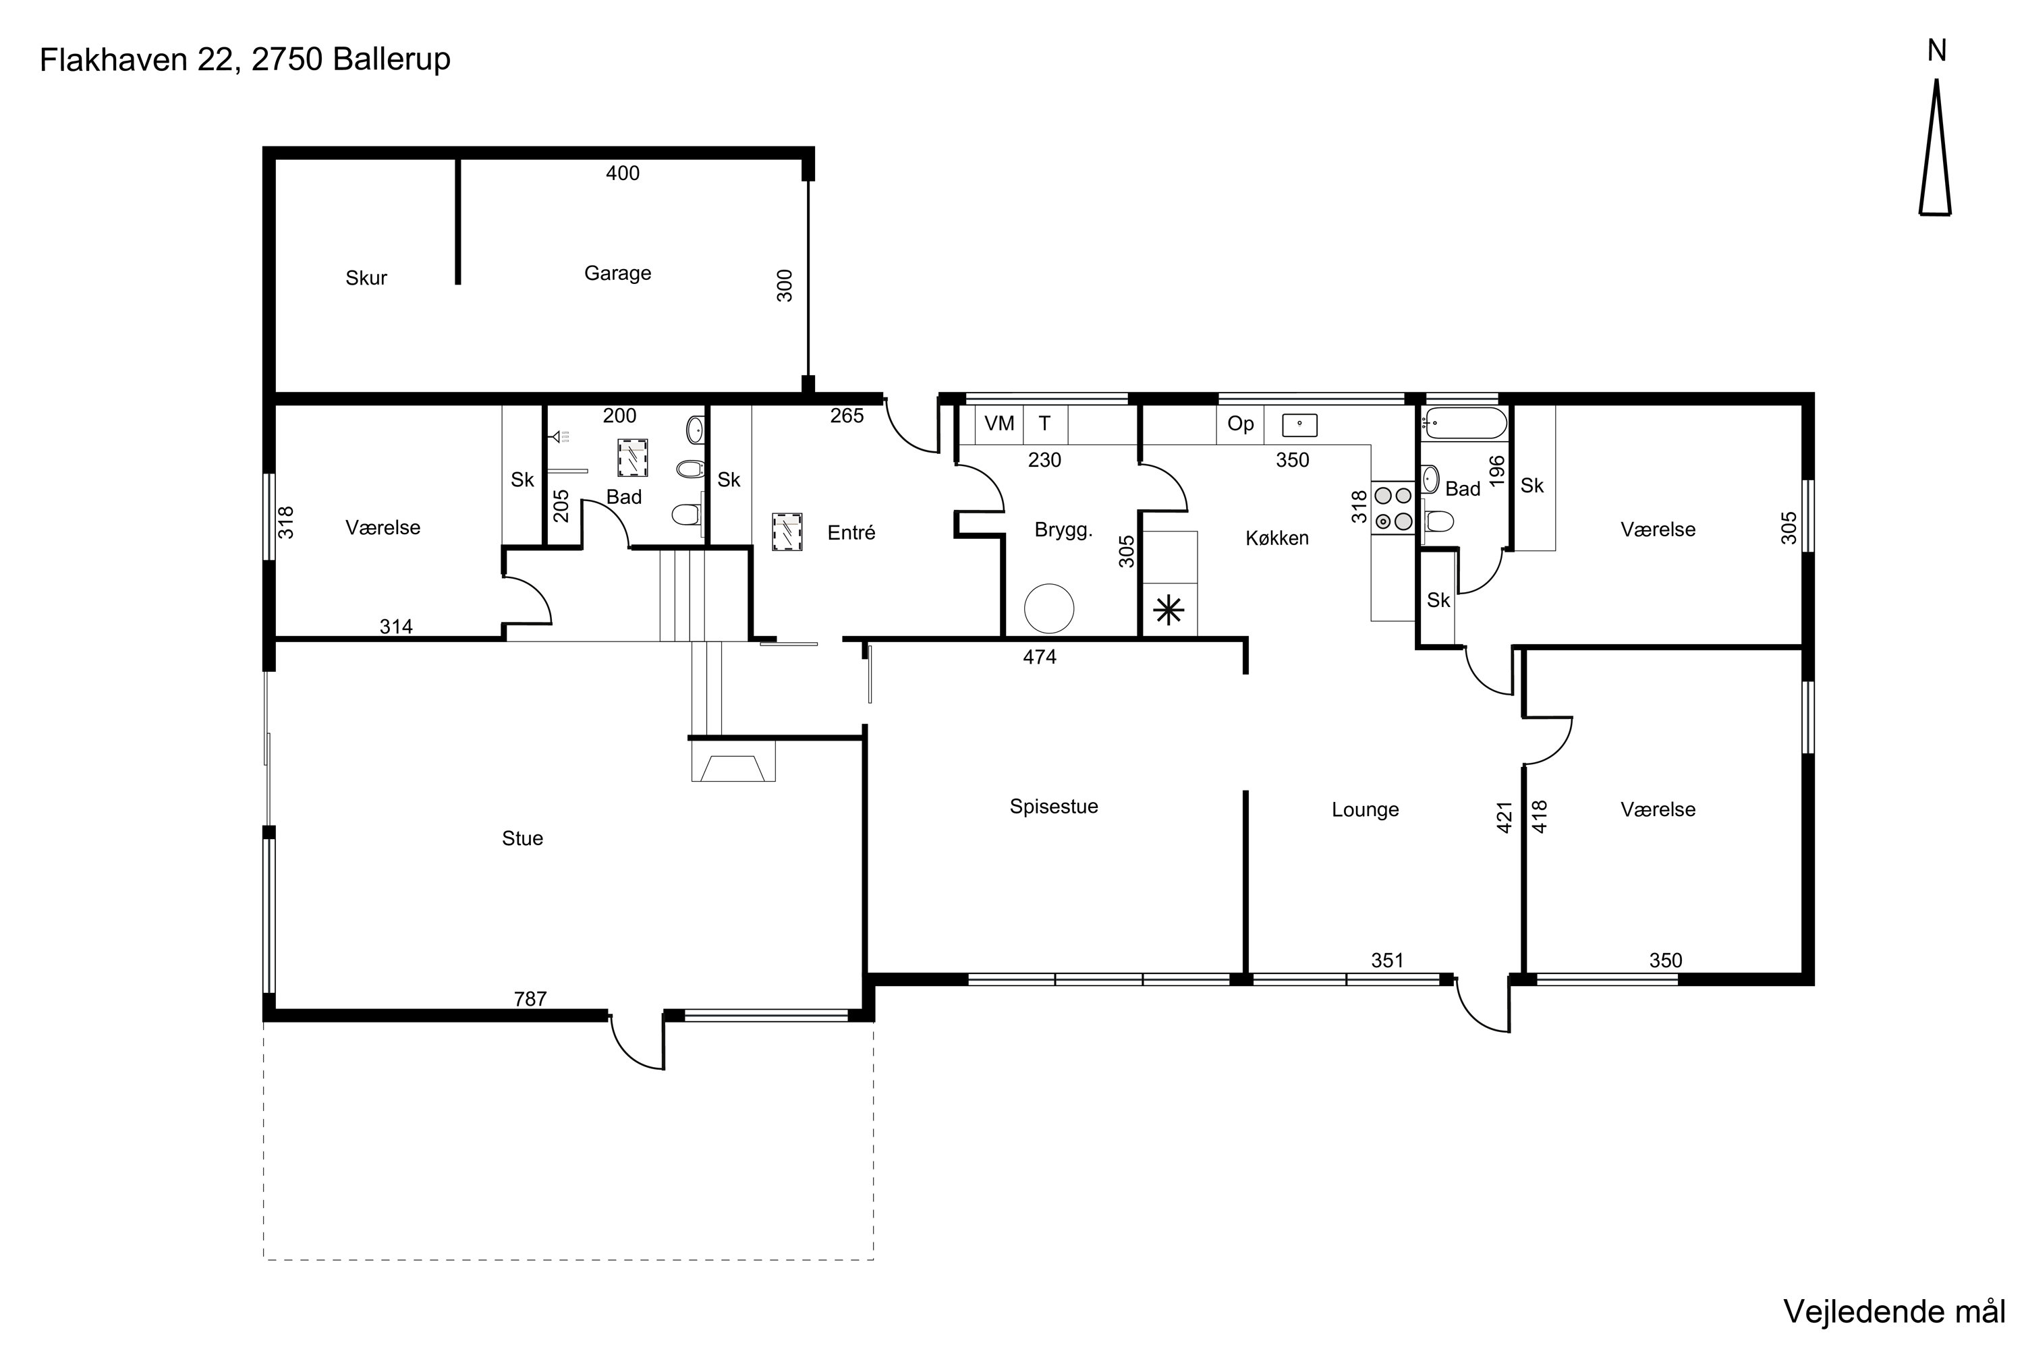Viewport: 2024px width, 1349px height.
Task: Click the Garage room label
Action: pos(617,274)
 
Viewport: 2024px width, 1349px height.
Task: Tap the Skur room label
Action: pos(366,278)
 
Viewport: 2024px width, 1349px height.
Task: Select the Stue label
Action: pos(522,838)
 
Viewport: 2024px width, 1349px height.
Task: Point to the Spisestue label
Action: pos(1053,807)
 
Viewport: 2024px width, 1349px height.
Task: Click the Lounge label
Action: pos(1365,809)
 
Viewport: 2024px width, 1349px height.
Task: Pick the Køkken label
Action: pos(1277,538)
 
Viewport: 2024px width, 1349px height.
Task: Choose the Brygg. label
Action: pos(1064,530)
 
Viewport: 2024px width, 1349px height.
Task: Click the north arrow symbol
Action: pos(1936,147)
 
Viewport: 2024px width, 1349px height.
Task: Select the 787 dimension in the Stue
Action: pos(530,999)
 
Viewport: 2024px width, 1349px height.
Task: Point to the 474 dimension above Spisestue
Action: pos(1040,657)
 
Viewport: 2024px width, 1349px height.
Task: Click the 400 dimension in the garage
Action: pos(622,173)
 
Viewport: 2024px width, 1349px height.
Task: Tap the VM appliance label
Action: pos(999,424)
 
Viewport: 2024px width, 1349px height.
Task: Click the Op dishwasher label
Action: pos(1240,424)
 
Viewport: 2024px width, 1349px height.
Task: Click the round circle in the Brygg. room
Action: pos(1049,608)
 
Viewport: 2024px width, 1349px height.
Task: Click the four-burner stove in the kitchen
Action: pos(1393,508)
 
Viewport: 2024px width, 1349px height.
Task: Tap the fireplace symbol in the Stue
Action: pos(733,761)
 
